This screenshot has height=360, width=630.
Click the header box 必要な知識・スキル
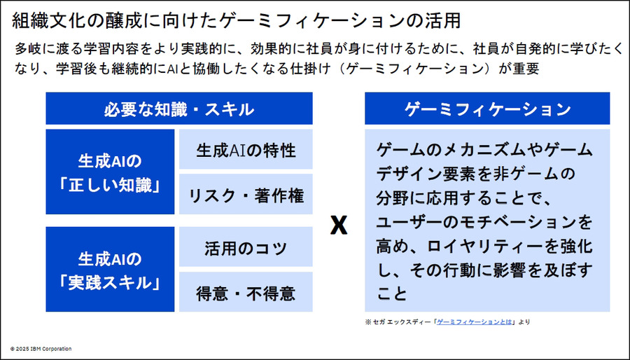179,109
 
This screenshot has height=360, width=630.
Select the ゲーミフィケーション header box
487,109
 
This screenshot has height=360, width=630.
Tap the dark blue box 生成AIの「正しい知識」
110,172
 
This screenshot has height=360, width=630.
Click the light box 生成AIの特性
246,149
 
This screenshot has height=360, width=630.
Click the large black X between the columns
339,224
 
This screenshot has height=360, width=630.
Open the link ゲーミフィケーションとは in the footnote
475,322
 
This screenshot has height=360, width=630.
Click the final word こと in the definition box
391,293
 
